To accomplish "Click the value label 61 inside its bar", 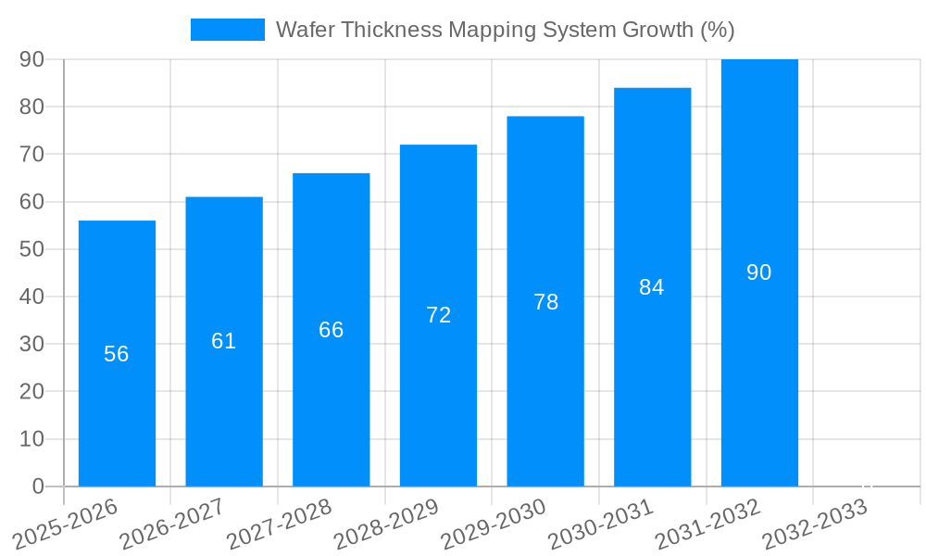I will coord(224,341).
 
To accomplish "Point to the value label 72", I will coord(438,315).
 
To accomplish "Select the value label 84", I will coord(652,287).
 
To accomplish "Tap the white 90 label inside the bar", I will coord(759,272).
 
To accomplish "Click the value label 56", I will coord(117,354).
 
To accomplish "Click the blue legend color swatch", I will coord(227,30).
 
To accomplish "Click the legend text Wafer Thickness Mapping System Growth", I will coord(505,30).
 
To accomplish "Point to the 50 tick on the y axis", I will coord(31,249).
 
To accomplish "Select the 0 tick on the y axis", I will coord(38,486).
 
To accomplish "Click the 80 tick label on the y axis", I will coord(31,107).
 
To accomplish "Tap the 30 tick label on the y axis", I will coord(31,344).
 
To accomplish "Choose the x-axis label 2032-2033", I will coord(816,524).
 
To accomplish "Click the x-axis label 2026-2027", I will coord(173,524).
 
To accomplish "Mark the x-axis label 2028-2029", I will coord(387,524).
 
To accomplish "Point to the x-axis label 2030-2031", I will coord(602,524).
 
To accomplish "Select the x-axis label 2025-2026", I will coord(66,524).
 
